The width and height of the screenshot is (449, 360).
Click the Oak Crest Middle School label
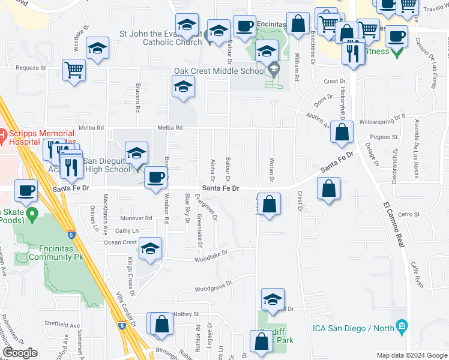219,71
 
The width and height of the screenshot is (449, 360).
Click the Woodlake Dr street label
212,256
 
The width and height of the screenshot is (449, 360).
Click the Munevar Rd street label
136,218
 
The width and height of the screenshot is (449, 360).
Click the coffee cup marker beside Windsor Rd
155,178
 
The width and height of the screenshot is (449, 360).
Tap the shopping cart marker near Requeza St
74,70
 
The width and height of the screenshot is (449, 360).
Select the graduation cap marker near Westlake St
97,49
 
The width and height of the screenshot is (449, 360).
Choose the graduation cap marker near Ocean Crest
149,249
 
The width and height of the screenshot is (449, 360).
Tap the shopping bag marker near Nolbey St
161,324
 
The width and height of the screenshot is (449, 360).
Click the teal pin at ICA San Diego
402,328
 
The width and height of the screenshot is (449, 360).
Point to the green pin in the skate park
34,212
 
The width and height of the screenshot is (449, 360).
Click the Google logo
20,353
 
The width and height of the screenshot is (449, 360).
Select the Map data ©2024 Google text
412,355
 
